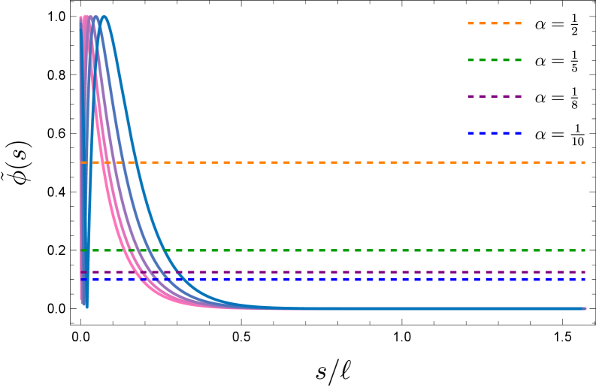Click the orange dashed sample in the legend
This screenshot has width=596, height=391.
pos(494,23)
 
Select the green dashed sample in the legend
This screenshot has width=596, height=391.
pos(494,60)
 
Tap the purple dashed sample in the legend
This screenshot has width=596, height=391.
pos(494,97)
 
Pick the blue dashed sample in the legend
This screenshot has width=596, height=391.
pos(494,134)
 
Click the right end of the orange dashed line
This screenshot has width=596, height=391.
pos(585,162)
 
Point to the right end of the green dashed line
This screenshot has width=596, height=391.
pos(585,250)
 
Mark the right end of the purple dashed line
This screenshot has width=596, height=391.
pos(585,272)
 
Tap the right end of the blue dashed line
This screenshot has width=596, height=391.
pos(585,280)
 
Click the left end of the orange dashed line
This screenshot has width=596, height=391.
pos(81,162)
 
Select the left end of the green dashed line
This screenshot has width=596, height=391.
pos(81,250)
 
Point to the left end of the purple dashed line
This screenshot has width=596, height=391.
pos(81,272)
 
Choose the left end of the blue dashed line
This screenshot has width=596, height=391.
pos(81,280)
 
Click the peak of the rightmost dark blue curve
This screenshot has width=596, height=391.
pos(104,17)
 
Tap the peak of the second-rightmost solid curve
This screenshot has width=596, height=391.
pos(96,17)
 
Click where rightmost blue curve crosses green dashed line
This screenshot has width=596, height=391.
pos(165,250)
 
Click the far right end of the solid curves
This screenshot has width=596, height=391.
pos(584,308)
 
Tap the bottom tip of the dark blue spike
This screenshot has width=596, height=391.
pos(87,307)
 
